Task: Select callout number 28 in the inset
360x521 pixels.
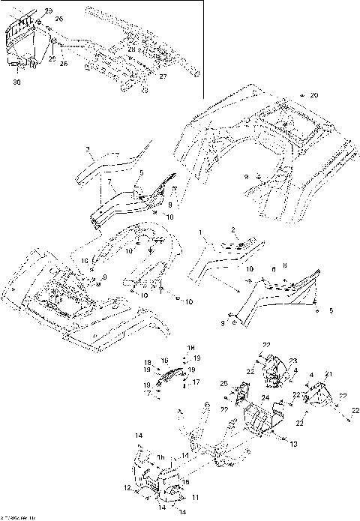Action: (131, 50)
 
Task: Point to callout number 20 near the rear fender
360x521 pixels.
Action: (314, 96)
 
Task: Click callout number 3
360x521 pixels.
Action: (88, 150)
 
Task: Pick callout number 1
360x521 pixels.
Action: (200, 234)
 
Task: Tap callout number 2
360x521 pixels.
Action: (233, 229)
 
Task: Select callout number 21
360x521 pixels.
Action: (328, 374)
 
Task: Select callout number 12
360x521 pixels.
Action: (125, 490)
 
